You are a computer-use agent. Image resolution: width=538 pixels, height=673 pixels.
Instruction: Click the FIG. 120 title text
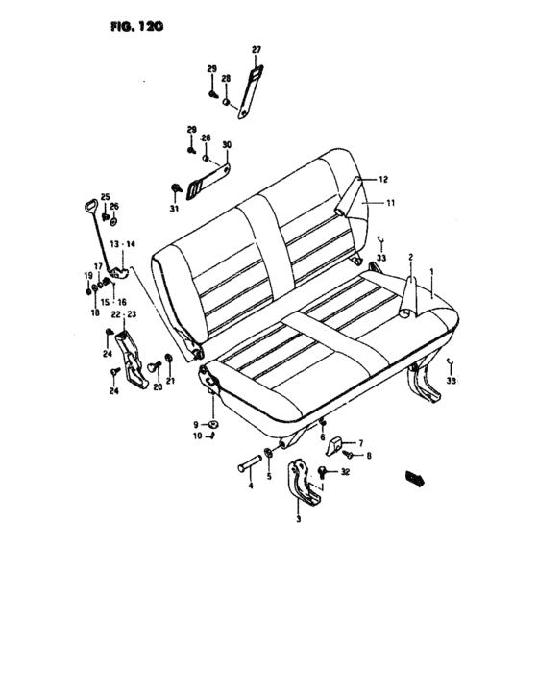pos(137,27)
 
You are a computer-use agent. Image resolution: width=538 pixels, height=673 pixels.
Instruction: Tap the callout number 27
pos(257,50)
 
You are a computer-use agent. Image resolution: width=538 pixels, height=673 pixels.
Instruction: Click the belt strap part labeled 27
pos(251,91)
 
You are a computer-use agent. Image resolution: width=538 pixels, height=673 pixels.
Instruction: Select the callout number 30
pos(227,144)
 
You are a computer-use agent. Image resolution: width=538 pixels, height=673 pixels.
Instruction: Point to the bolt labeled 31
pos(176,188)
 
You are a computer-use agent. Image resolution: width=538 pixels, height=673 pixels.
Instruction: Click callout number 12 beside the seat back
pos(383,180)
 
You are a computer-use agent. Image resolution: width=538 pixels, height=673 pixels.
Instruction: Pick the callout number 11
pos(390,203)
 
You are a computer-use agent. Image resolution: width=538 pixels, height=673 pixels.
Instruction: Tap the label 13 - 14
pos(122,244)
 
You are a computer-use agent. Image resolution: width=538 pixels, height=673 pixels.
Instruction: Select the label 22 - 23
pos(124,314)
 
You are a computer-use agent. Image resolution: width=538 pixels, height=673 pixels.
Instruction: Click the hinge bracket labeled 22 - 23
pos(132,360)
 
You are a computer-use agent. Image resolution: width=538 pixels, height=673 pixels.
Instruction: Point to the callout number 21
pos(170,381)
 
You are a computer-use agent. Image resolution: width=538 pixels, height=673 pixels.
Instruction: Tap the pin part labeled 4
pos(249,463)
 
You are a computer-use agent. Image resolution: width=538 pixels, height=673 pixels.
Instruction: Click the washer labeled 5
pos(269,453)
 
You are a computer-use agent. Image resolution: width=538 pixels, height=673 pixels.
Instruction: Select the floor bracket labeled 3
pos(304,482)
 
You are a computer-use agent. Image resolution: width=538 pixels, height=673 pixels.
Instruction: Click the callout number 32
pos(345,472)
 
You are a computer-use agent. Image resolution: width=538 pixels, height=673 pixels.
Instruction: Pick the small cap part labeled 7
pos(334,446)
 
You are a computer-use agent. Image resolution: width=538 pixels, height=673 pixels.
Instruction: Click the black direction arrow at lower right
pos(415,478)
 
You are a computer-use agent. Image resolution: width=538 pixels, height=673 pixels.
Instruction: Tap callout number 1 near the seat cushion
pos(431,272)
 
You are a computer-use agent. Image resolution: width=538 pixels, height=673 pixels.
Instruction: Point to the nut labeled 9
pos(212,425)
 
